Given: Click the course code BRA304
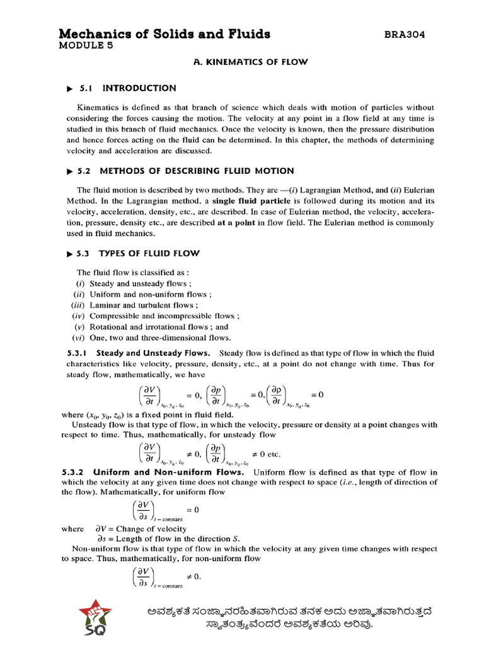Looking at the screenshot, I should (x=405, y=35).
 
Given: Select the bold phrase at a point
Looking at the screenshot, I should (x=238, y=222).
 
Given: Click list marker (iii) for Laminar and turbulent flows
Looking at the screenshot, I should (x=78, y=305).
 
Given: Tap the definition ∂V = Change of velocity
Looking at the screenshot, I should (x=141, y=529).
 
